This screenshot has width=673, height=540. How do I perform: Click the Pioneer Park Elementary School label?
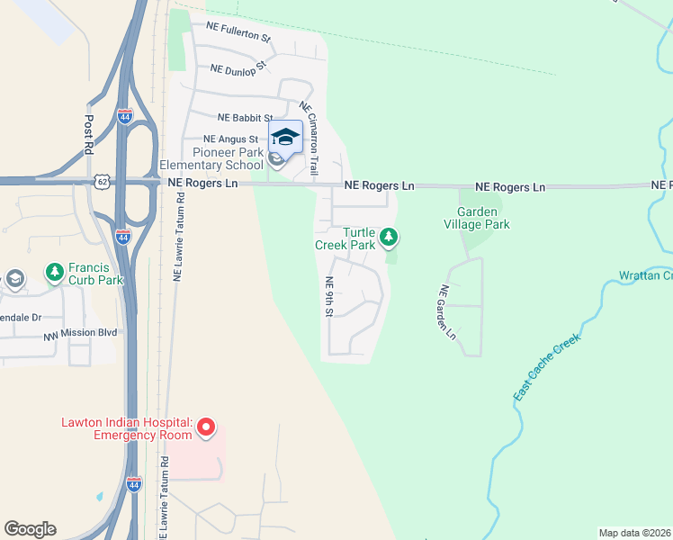[x=211, y=159]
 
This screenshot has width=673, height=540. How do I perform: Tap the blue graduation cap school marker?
[x=285, y=138]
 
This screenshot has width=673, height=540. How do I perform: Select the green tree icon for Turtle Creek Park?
[x=389, y=238]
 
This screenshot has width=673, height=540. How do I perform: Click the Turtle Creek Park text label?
[x=345, y=238]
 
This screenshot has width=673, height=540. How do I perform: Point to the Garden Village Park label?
[x=477, y=218]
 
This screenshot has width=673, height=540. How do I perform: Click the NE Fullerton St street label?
[x=238, y=32]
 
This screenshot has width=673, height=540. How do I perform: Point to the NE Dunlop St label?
[x=238, y=67]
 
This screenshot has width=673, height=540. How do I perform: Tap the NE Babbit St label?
[x=245, y=118]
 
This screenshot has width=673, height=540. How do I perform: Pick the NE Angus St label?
[x=230, y=139]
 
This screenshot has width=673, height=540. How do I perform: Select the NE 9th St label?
[x=329, y=296]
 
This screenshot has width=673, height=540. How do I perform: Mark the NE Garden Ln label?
[x=447, y=312]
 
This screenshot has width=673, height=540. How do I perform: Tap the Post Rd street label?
[x=89, y=134]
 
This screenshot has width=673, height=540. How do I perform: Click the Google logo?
[x=30, y=529]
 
